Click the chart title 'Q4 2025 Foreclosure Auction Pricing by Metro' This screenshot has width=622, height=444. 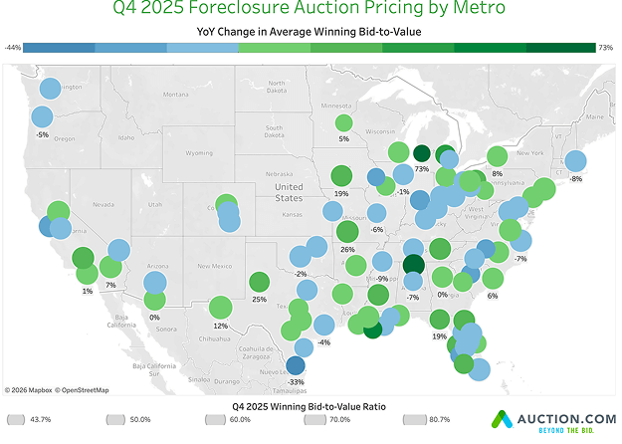(311, 9)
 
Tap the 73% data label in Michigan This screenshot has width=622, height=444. (421, 169)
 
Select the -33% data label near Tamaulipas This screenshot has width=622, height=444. (296, 381)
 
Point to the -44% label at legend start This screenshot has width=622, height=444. (13, 47)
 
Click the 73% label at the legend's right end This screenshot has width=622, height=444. (605, 47)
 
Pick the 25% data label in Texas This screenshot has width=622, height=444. (259, 299)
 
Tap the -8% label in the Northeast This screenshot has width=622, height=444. (575, 178)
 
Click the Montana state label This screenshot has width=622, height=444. (175, 95)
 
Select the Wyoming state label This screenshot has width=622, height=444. (199, 153)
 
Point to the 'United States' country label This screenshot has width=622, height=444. (289, 192)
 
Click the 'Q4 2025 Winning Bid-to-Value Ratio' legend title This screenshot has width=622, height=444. (311, 406)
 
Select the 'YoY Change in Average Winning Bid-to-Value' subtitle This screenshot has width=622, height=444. (311, 30)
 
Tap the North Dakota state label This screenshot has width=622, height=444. (276, 87)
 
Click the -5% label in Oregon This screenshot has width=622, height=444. (41, 134)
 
